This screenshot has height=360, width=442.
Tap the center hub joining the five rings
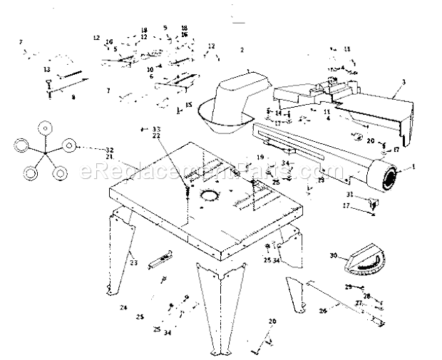(45, 153)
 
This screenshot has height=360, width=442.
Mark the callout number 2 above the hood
(242, 50)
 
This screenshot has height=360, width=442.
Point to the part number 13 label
(46, 69)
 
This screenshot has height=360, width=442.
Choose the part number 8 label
(73, 97)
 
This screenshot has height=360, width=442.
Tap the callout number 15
(189, 105)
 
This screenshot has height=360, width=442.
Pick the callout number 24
(123, 307)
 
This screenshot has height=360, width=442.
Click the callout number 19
(261, 157)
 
